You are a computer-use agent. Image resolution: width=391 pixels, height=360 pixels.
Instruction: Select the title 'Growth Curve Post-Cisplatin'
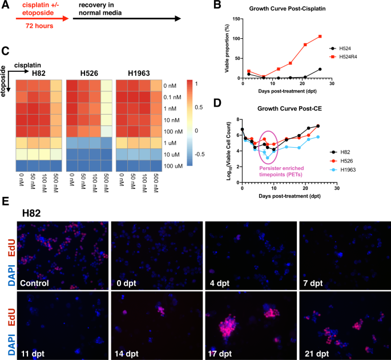277,9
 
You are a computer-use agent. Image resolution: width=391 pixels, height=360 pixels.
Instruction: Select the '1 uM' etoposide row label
171,142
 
